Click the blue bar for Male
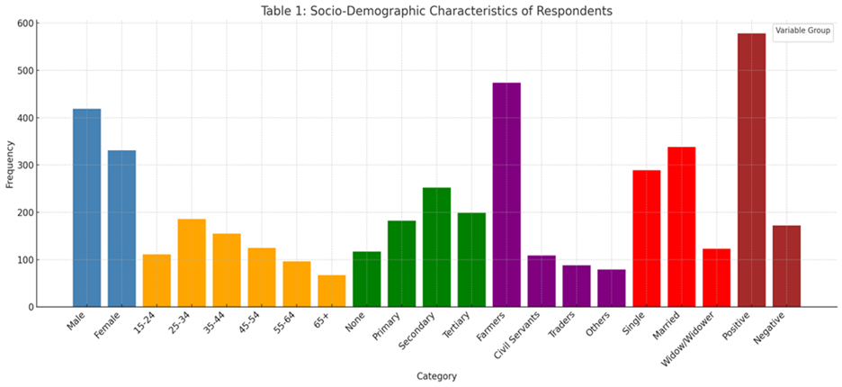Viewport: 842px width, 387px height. pyautogui.click(x=87, y=208)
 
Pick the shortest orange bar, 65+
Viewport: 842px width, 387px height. pyautogui.click(x=332, y=291)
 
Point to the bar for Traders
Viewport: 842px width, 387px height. pyautogui.click(x=577, y=286)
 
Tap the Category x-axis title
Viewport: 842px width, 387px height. pyautogui.click(x=436, y=375)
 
